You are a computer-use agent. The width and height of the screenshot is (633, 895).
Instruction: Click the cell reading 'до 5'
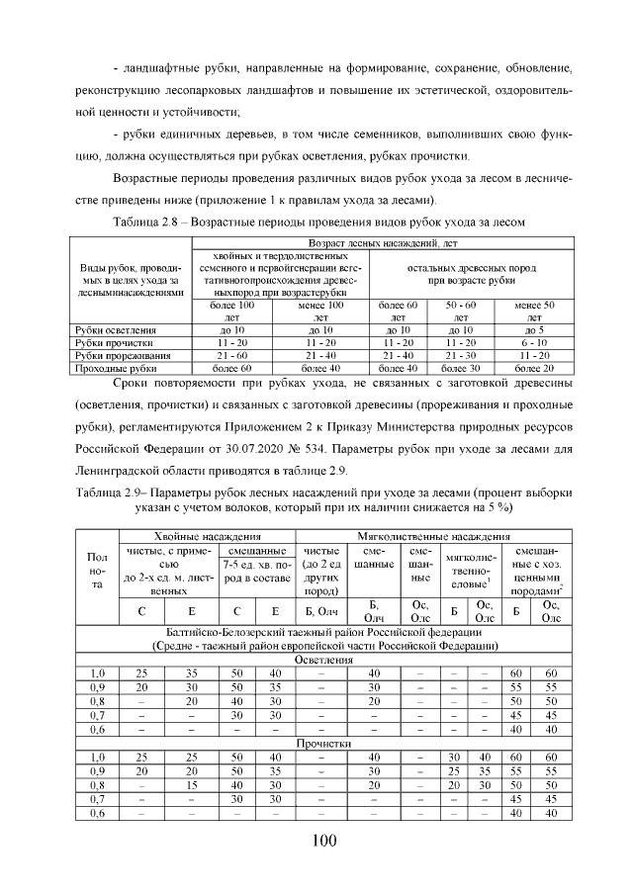point(534,329)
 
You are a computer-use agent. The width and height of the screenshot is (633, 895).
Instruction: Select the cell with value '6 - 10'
point(534,342)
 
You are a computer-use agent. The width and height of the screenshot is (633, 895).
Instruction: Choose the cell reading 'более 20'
point(534,367)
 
